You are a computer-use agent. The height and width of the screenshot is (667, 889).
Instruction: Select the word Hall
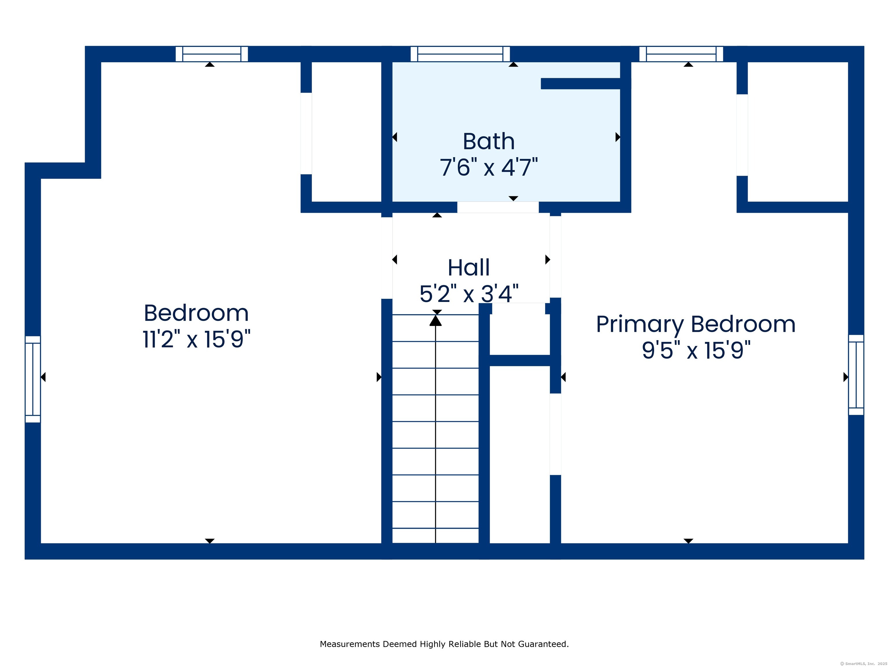click(469, 268)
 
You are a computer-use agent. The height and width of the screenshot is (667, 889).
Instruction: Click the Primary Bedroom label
click(696, 325)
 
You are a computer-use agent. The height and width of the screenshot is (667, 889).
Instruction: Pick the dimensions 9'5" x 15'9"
click(696, 350)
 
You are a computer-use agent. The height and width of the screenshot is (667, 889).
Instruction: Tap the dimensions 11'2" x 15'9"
click(196, 339)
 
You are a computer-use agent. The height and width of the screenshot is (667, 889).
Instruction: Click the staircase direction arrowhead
click(435, 320)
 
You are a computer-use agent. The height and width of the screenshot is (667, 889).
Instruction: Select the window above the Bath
click(460, 54)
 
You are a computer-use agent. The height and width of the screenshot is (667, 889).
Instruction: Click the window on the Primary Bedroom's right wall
click(856, 375)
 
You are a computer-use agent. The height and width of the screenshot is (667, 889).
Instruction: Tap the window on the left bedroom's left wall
click(33, 379)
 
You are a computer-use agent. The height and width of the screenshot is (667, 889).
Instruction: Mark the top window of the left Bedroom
click(212, 54)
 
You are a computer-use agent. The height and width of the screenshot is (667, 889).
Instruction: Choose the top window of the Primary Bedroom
click(681, 54)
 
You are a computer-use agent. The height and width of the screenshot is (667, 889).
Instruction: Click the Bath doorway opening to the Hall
click(498, 207)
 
